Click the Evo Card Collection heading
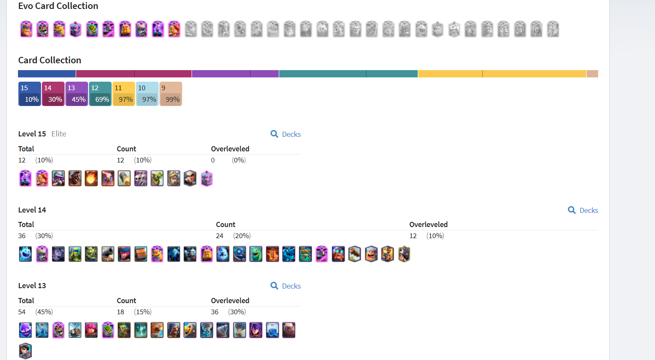[58, 6]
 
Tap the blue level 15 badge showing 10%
[30, 94]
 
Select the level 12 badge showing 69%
[100, 94]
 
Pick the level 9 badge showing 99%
[171, 94]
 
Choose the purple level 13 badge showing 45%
[77, 94]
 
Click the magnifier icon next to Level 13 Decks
[274, 286]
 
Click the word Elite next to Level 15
[59, 134]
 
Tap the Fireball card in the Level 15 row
[91, 178]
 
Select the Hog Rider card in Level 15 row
[75, 178]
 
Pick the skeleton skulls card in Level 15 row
[141, 178]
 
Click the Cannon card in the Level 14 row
[108, 254]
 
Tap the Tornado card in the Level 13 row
[207, 330]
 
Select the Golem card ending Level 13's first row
[289, 330]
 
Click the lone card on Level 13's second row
[26, 351]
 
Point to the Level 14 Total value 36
[22, 236]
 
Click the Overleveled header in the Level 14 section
[428, 224]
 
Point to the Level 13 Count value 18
[121, 312]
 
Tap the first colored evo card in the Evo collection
[27, 29]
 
